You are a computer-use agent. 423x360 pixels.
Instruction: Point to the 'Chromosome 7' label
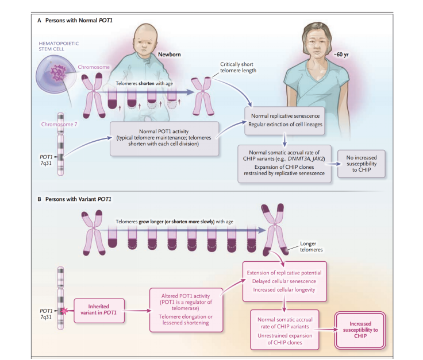coord(59,123)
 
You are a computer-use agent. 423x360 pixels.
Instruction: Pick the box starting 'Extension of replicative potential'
coord(284,281)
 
